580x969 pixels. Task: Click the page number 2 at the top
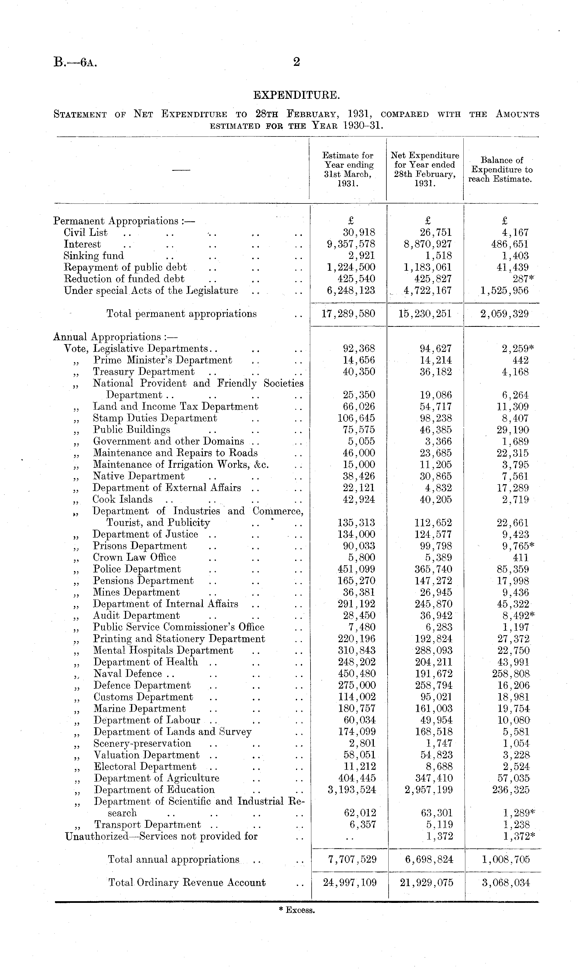(296, 62)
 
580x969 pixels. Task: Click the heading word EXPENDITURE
(296, 95)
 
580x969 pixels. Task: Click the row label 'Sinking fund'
(94, 256)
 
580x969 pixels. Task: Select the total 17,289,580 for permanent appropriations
(348, 313)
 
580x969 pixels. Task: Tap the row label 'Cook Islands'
(122, 500)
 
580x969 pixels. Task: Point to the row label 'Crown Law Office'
(134, 557)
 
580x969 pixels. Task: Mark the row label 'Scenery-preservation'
(142, 743)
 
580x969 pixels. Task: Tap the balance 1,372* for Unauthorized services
(518, 836)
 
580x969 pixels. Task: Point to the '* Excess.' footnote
(297, 910)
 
